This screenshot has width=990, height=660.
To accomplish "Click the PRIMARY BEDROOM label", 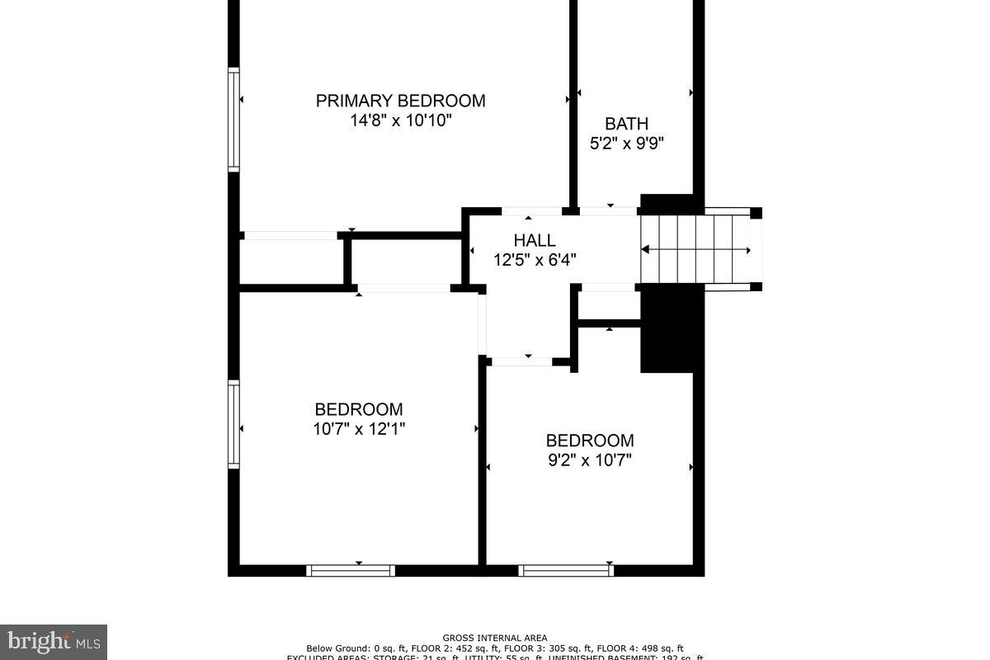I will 400,101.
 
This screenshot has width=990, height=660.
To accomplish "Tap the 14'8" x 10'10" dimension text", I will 400,120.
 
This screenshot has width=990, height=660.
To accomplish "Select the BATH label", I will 626,124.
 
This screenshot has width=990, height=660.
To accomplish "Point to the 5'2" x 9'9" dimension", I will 626,143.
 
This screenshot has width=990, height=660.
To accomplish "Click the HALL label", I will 535,241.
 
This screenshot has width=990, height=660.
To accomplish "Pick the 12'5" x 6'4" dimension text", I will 535,260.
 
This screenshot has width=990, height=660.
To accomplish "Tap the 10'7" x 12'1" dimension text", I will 359,429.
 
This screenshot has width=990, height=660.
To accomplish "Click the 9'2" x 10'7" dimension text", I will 590,460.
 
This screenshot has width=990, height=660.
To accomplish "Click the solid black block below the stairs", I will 667,328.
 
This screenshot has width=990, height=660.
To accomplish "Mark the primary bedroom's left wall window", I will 233,120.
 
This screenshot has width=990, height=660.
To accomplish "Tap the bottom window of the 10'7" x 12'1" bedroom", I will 351,570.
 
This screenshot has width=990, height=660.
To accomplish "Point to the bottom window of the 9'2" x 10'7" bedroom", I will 566,570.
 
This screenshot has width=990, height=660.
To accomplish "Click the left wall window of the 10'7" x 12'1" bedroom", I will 233,425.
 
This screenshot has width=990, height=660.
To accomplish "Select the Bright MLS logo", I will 53,641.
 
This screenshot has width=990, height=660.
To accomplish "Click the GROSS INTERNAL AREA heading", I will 494,638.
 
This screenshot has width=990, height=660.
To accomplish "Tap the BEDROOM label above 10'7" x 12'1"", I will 359,409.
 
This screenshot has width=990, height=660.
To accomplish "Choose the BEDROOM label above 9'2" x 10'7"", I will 590,441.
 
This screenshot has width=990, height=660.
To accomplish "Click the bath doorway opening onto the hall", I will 610,211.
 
